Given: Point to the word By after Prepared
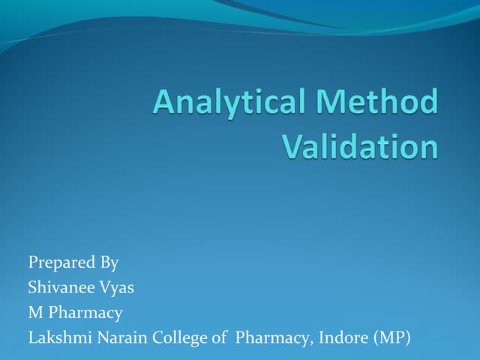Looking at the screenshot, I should tap(108, 263).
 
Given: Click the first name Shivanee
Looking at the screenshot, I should tap(61, 287).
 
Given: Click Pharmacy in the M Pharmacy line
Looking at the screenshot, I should tap(85, 313).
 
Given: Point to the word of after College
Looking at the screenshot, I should tap(218, 337).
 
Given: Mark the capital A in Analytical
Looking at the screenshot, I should tap(163, 102).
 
